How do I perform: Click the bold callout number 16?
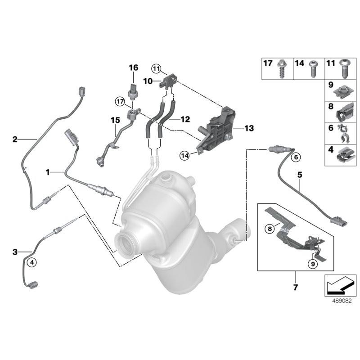point(133,67)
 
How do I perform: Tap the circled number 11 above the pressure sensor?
point(156,69)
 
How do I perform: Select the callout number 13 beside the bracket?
point(249,129)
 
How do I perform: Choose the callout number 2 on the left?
point(15,139)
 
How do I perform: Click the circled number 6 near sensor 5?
point(296,157)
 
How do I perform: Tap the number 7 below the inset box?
point(296,286)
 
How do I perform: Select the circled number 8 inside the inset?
point(270,229)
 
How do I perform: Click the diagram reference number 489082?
point(341,298)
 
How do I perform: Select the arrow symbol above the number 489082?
point(340,283)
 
